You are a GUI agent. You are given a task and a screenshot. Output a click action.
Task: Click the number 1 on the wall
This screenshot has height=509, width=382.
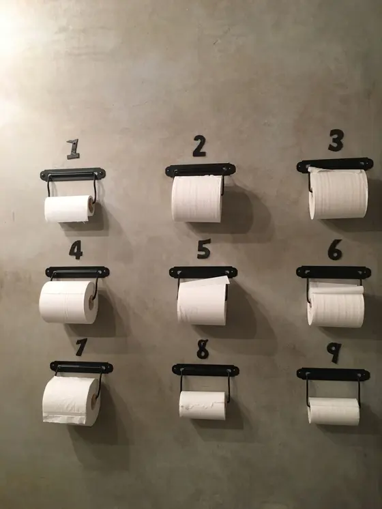(x=74, y=149)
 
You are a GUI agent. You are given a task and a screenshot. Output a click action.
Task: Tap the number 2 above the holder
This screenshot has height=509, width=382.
(x=199, y=146)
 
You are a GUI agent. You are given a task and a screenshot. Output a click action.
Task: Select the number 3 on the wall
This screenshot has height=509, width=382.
(x=336, y=141)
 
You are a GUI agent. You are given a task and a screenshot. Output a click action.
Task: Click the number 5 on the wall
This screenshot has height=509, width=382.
(x=204, y=248)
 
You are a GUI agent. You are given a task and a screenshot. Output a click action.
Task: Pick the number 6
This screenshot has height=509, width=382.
(x=335, y=250)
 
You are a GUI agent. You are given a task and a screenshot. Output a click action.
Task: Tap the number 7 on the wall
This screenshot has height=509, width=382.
(x=81, y=347)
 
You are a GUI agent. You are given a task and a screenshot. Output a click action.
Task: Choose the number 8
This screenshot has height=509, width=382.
(x=203, y=349)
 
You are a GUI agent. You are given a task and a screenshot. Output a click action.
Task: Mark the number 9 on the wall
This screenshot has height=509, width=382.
(x=334, y=353)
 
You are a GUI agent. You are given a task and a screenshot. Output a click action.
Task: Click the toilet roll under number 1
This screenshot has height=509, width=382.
(x=70, y=209)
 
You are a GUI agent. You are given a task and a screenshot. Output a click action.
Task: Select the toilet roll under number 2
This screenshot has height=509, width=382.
(x=197, y=199)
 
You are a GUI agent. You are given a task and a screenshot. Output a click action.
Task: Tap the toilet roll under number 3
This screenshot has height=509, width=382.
(x=338, y=194)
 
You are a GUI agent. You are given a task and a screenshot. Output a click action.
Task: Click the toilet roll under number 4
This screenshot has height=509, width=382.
(x=69, y=302)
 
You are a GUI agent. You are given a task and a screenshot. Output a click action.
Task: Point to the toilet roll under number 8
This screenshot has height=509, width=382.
(x=203, y=405)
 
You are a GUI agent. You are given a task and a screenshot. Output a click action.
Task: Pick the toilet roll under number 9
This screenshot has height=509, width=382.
(x=334, y=411)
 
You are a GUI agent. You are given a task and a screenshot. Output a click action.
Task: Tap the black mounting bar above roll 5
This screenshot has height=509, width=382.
(x=203, y=272)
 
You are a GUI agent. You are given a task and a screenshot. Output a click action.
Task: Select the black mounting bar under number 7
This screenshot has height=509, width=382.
(x=81, y=367)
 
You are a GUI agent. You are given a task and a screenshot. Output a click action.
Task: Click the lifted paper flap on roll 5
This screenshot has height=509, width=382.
(x=205, y=281)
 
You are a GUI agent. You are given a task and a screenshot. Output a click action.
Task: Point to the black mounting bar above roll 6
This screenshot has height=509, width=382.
(x=334, y=272)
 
